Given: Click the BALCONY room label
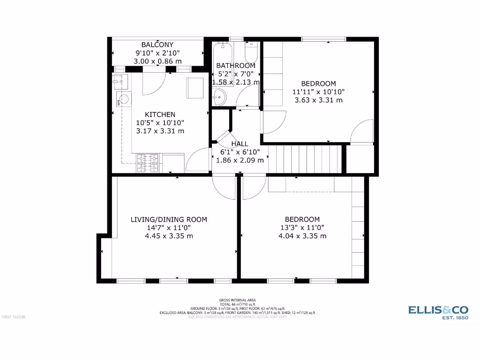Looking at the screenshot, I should tap(157, 45).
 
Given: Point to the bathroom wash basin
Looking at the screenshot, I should tap(219, 98).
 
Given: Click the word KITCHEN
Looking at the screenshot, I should tap(160, 114).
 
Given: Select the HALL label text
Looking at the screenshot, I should tap(240, 144).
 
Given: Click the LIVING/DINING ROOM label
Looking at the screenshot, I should tap(168, 219).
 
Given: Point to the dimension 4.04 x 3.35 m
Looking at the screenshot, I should tap(302, 236).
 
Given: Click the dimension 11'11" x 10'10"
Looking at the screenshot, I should tap(318, 92).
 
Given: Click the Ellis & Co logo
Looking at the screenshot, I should tap(438, 312).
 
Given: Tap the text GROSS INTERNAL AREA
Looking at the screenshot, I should tap(237, 300).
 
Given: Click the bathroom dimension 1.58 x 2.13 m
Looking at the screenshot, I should tap(236, 82).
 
